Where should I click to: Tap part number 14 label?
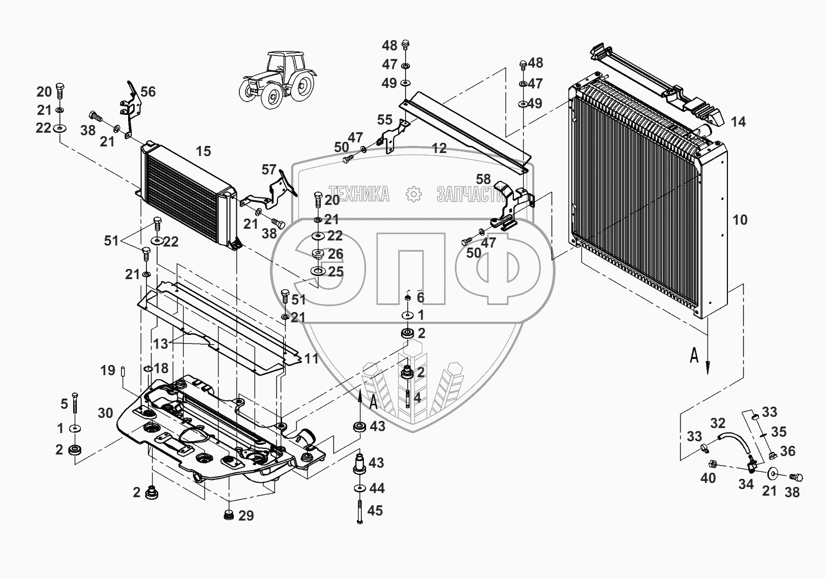tap(739, 121)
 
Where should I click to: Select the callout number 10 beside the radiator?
tap(740, 220)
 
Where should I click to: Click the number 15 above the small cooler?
tap(203, 151)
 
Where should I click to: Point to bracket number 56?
tap(148, 92)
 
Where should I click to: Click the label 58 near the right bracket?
tap(483, 179)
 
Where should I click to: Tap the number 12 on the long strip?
tap(439, 148)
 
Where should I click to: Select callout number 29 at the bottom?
tap(246, 516)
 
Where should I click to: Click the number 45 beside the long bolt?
tap(375, 511)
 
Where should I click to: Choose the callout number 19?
tap(108, 371)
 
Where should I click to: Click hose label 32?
tap(717, 422)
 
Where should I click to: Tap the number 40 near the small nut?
tap(708, 478)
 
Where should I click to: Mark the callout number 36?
tap(788, 451)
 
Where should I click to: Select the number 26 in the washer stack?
tap(335, 254)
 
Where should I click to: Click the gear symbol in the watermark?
tap(413, 194)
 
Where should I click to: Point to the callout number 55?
tap(385, 120)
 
